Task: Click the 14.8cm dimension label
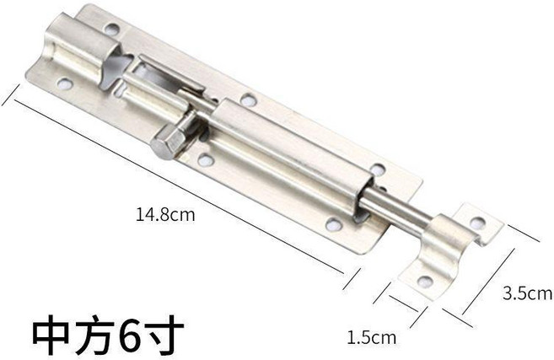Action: [165, 214]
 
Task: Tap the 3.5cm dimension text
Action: [528, 293]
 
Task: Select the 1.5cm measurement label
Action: [371, 337]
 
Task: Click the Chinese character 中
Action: [51, 334]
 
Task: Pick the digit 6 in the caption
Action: [129, 334]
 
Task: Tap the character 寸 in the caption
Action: [164, 334]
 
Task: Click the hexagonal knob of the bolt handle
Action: [168, 142]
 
